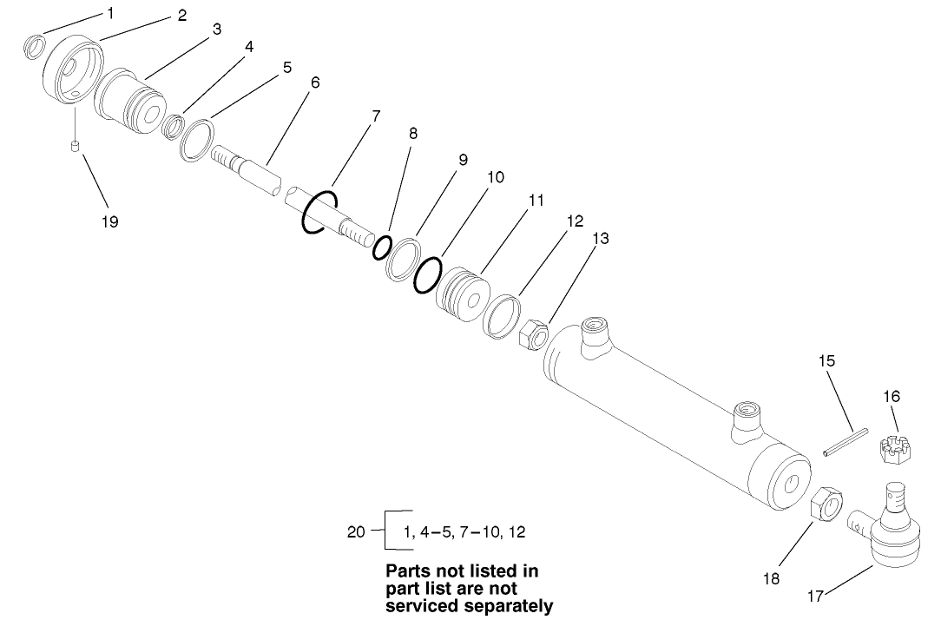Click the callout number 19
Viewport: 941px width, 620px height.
pyautogui.click(x=109, y=221)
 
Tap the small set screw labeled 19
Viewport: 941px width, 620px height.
pyautogui.click(x=76, y=146)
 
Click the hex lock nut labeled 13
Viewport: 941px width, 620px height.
pyautogui.click(x=532, y=333)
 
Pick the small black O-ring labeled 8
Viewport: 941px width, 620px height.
pyautogui.click(x=381, y=249)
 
